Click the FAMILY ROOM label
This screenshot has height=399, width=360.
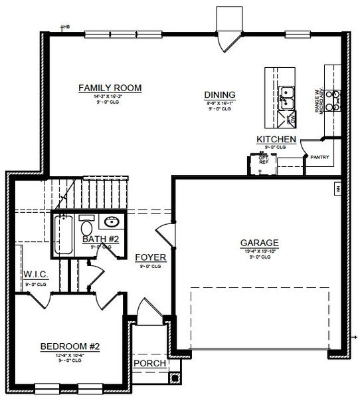point(110,88)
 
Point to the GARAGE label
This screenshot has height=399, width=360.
point(259,243)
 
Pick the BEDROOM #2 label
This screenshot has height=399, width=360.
point(69,346)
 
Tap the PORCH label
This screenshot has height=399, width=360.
point(149,364)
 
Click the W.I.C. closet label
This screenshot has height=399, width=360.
point(35,274)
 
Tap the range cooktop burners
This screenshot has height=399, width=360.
point(337,98)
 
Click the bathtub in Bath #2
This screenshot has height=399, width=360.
point(64,235)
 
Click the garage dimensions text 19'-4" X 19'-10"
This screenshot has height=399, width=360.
point(259,251)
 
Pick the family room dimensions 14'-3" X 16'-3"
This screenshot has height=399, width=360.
point(110,96)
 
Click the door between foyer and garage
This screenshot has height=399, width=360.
point(163,233)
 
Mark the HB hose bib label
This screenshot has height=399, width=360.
point(66,27)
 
